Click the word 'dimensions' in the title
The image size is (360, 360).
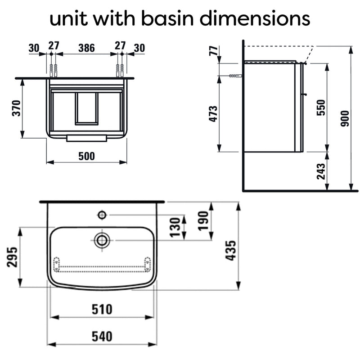(255, 18)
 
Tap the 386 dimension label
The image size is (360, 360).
(86, 48)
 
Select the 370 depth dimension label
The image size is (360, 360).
(17, 108)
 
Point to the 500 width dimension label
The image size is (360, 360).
(86, 156)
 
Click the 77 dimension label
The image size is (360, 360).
(213, 51)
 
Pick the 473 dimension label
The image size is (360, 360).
(213, 114)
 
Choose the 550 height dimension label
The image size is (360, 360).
(321, 108)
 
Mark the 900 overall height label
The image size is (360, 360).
(345, 118)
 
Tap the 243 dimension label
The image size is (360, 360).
(321, 171)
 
